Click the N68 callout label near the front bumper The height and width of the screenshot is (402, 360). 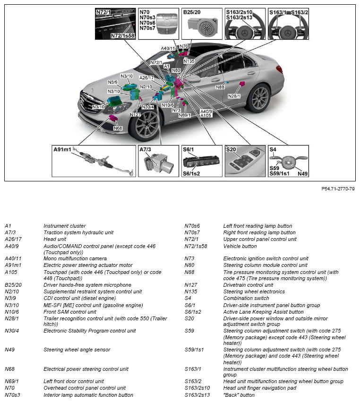click(118, 128)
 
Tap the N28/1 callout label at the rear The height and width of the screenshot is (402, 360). click(234, 96)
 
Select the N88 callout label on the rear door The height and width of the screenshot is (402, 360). click(220, 87)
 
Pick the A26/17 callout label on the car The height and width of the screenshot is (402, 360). click(147, 78)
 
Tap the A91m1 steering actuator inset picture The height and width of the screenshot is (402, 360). click(94, 161)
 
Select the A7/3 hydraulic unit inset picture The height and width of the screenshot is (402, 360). click(158, 161)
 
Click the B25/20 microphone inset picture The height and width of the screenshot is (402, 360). click(202, 24)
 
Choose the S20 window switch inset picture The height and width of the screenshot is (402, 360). click(245, 161)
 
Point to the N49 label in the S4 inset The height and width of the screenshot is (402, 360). click(303, 173)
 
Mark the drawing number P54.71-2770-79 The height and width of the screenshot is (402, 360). click(338, 188)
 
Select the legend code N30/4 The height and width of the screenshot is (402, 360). click(11, 331)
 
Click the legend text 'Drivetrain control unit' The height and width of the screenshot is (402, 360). click(248, 285)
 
